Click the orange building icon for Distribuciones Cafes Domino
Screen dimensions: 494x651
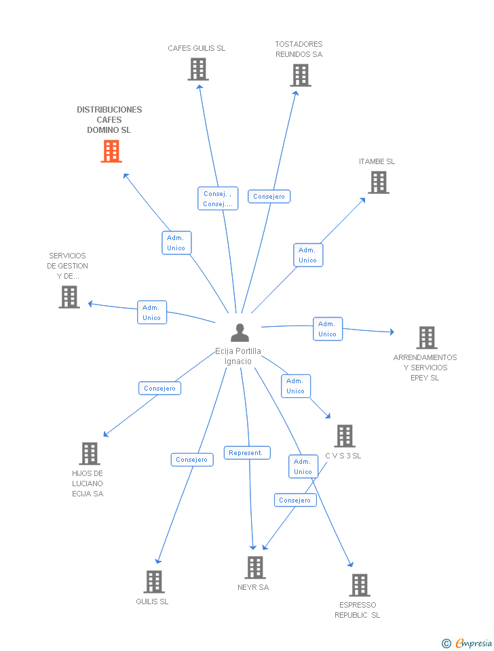point(111,151)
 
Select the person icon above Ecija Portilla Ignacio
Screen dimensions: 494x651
point(240,332)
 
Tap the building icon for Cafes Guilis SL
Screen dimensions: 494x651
point(197,69)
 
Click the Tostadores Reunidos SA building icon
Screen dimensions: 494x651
point(301,75)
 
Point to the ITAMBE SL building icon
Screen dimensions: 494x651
point(379,182)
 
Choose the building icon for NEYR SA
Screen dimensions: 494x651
point(255,568)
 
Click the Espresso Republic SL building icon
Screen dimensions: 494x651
point(360,585)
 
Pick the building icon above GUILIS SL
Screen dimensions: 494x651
point(154,582)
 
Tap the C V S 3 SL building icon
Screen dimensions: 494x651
point(345,436)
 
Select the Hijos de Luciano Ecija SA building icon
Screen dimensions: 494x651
point(90,454)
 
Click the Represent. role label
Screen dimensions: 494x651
point(247,452)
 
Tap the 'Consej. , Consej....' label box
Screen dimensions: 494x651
point(218,199)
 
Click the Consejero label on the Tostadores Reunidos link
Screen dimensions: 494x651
point(269,197)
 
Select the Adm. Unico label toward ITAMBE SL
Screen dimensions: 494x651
point(308,255)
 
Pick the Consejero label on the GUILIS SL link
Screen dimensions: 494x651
point(192,460)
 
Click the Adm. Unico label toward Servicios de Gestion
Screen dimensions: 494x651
point(151,312)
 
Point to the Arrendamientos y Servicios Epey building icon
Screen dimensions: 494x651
point(427,338)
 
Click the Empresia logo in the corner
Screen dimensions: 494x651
point(467,643)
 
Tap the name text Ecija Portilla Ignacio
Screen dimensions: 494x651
point(238,356)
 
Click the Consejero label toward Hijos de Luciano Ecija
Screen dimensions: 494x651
point(159,388)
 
